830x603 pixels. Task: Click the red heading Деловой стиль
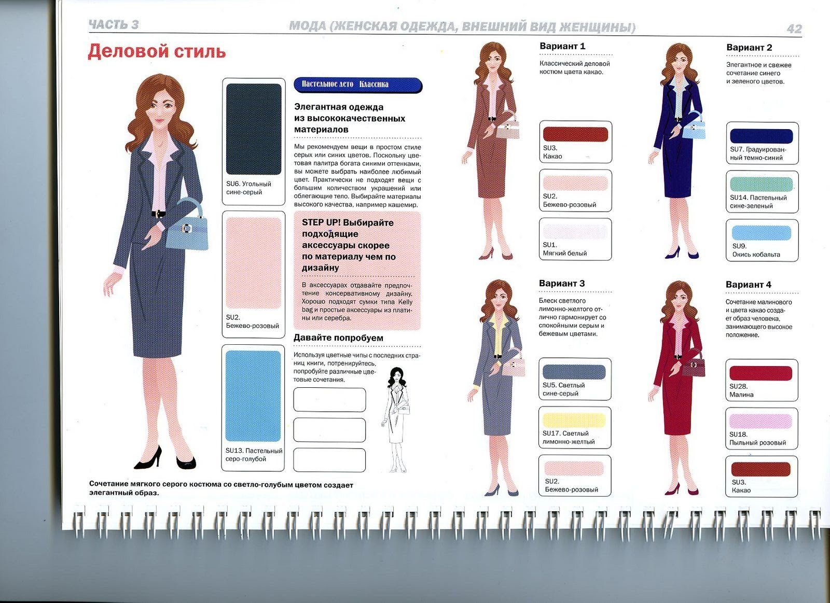(157, 51)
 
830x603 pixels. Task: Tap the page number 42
(794, 29)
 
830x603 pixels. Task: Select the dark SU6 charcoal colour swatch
(254, 129)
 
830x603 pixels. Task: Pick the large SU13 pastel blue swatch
(253, 396)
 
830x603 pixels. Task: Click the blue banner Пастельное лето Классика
(358, 85)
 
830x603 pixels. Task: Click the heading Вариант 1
(562, 46)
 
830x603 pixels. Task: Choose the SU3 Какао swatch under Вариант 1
(575, 134)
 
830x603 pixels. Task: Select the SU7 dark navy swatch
(762, 136)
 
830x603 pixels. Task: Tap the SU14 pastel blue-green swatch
(762, 184)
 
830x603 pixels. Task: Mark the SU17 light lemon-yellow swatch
(574, 420)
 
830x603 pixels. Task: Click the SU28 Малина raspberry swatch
(760, 373)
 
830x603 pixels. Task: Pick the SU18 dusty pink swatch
(760, 421)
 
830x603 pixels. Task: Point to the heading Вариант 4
(749, 285)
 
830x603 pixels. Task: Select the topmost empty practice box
(329, 400)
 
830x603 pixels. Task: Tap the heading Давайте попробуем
(338, 338)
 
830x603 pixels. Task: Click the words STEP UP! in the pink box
(321, 222)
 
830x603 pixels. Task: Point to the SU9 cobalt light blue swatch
(762, 233)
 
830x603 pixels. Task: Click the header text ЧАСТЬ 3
(114, 25)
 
